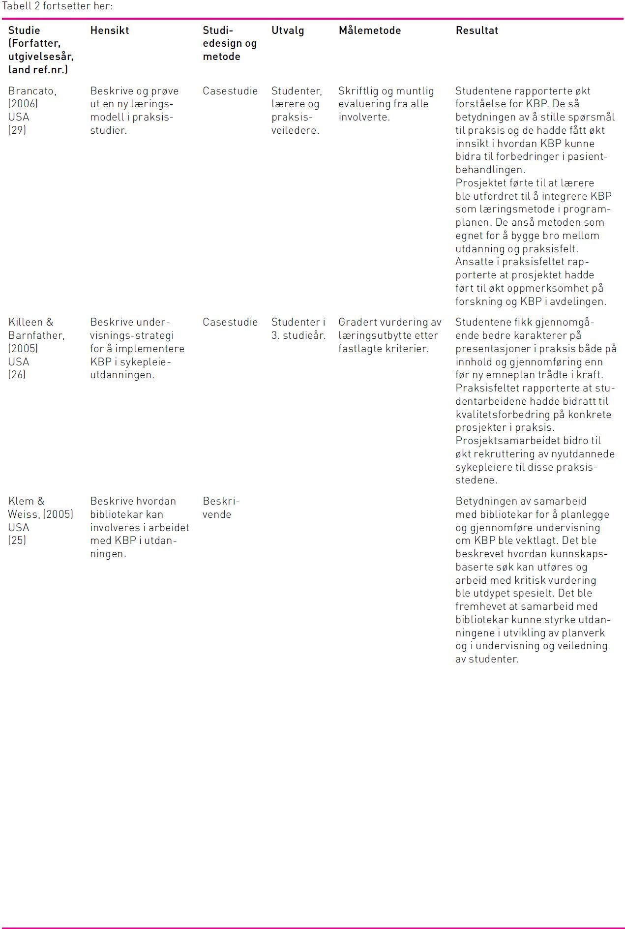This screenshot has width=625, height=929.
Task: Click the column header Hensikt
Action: [x=109, y=30]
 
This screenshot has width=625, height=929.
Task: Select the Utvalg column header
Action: [x=288, y=30]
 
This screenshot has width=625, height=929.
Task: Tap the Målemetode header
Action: [x=369, y=30]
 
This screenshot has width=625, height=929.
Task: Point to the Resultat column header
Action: [x=476, y=30]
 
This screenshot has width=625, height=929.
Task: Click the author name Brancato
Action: [x=32, y=91]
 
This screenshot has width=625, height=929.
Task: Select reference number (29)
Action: [x=17, y=130]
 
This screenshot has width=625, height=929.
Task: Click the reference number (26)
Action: [x=17, y=375]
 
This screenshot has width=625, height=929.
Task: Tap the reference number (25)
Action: [x=17, y=540]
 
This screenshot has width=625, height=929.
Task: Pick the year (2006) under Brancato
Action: [x=23, y=104]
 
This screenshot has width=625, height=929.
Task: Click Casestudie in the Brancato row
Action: [x=230, y=91]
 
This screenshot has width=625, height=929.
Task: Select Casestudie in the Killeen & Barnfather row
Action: [x=230, y=322]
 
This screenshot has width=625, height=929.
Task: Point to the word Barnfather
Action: [x=36, y=335]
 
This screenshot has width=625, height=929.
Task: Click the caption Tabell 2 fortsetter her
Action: [x=57, y=6]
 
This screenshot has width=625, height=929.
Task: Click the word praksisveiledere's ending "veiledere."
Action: [x=295, y=130]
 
